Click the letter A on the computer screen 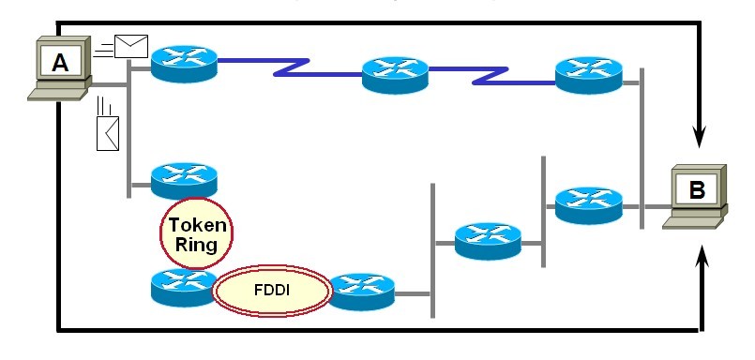point(60,62)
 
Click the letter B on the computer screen point(697,190)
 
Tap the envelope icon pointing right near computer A point(131,46)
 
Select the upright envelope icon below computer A point(108,133)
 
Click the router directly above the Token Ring point(184,181)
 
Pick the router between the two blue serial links point(395,75)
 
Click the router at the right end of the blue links point(588,75)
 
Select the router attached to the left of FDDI point(183,288)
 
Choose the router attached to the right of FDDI point(362,292)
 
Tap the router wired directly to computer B point(588,205)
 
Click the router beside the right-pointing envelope point(184,64)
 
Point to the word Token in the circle point(196,225)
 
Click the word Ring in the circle point(196,244)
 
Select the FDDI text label point(272,291)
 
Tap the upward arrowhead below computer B point(703,256)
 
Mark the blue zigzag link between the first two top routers point(290,67)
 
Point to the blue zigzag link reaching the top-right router point(491,76)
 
